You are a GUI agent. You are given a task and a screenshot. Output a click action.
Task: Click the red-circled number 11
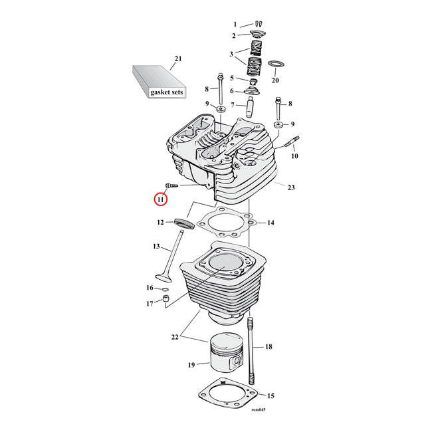pyautogui.click(x=160, y=199)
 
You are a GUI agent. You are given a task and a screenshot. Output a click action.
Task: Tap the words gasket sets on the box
pyautogui.click(x=167, y=92)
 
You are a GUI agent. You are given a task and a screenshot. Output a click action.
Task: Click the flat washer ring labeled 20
pyautogui.click(x=274, y=64)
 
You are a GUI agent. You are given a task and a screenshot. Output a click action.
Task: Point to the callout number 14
pyautogui.click(x=270, y=223)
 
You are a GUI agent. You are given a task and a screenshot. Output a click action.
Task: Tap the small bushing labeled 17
pyautogui.click(x=166, y=298)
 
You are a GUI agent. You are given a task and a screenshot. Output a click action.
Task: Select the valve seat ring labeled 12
pyautogui.click(x=184, y=223)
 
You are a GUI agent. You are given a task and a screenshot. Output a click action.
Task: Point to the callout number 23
pyautogui.click(x=291, y=187)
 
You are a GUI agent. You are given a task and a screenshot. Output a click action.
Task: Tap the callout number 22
pyautogui.click(x=175, y=337)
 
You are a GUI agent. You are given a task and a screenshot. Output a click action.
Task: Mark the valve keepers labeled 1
pyautogui.click(x=259, y=24)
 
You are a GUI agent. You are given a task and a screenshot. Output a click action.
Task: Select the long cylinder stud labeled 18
pyautogui.click(x=251, y=351)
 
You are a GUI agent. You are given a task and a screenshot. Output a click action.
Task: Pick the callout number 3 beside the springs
pyautogui.click(x=231, y=54)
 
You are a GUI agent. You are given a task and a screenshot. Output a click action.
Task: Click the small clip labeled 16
pyautogui.click(x=165, y=289)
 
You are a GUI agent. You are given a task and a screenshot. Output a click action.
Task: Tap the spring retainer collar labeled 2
pyautogui.click(x=256, y=35)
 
